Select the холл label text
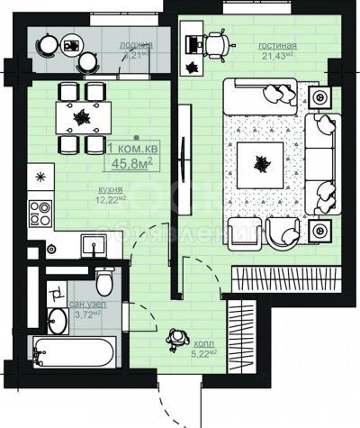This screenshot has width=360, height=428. (x=204, y=343)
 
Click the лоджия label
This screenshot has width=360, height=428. (x=137, y=44)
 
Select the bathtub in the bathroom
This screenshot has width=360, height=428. (x=72, y=351)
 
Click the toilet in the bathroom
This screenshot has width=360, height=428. (x=103, y=283)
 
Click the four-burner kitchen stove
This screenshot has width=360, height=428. (x=40, y=213)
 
